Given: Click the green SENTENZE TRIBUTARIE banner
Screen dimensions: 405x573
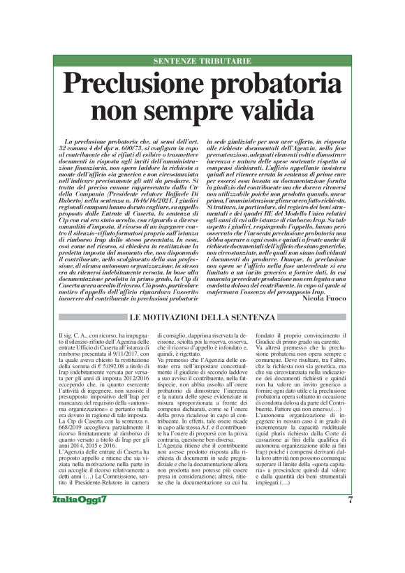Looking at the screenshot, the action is (x=202, y=61).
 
